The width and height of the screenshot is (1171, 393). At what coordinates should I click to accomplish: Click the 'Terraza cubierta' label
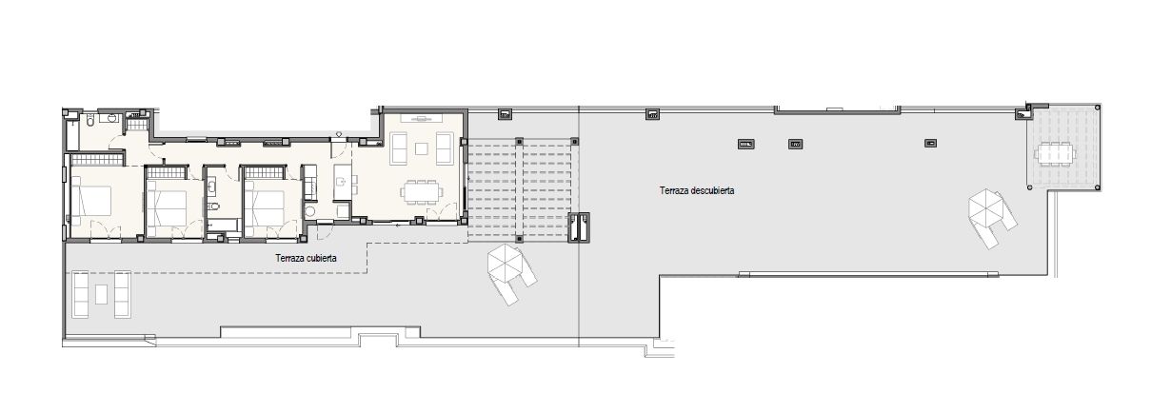(x=306, y=258)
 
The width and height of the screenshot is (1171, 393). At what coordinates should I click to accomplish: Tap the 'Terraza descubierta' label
(x=696, y=190)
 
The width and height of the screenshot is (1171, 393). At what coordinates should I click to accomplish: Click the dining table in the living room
(x=422, y=192)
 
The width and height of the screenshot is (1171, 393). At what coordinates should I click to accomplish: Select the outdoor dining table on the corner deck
(x=1056, y=154)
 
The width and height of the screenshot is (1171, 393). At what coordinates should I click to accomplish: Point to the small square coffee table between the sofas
(x=422, y=149)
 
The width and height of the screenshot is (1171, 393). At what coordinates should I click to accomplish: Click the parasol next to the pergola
(x=505, y=263)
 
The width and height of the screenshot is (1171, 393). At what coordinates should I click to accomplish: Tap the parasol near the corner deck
(x=986, y=207)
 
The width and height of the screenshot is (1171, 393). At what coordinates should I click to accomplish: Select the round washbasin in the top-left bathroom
(x=111, y=118)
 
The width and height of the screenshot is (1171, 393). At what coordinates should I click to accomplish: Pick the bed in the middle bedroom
(x=167, y=207)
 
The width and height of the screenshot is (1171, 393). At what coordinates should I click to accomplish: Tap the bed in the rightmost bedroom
(x=265, y=207)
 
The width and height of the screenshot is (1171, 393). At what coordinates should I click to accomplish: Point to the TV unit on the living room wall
(x=422, y=118)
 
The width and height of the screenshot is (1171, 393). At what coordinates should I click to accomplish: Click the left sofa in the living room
(x=400, y=149)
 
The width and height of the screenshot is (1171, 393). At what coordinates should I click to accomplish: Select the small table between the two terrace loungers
(x=101, y=294)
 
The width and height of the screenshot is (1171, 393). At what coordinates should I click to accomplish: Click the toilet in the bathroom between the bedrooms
(x=212, y=206)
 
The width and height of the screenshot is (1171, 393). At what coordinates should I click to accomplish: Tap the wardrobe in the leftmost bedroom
(x=97, y=160)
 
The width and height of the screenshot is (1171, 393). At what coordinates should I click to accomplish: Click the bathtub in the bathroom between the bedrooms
(x=223, y=226)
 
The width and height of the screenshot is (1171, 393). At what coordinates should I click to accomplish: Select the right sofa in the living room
(x=445, y=149)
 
